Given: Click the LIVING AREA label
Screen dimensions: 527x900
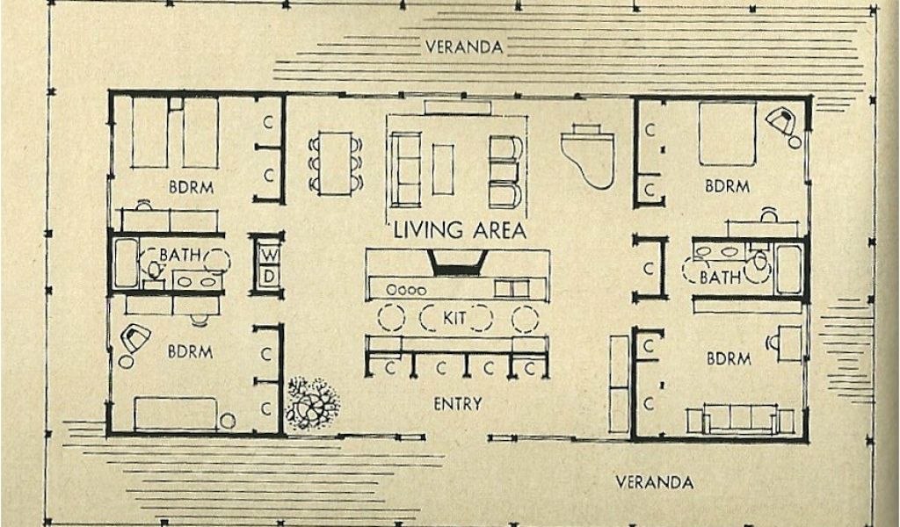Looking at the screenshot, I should pyautogui.click(x=459, y=231).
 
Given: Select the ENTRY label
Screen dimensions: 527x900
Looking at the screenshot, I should pyautogui.click(x=457, y=404).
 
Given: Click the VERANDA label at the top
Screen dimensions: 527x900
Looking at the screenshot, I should pyautogui.click(x=464, y=47).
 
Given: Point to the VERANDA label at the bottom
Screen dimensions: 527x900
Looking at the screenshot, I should pyautogui.click(x=654, y=481).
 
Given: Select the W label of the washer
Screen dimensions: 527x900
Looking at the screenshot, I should pyautogui.click(x=268, y=255).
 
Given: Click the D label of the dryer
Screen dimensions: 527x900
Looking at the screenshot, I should pyautogui.click(x=268, y=275).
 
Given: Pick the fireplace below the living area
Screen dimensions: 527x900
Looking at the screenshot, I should pyautogui.click(x=458, y=262).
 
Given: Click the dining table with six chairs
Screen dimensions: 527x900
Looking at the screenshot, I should pyautogui.click(x=336, y=162).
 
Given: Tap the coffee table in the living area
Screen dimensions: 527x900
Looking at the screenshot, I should pyautogui.click(x=443, y=169).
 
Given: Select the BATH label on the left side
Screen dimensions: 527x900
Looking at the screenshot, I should pyautogui.click(x=181, y=256).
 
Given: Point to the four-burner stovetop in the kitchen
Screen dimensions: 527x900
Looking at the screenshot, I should pyautogui.click(x=407, y=289).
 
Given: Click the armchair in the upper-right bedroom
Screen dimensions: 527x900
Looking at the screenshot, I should pyautogui.click(x=780, y=121).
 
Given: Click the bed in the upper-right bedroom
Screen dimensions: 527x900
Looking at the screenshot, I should pyautogui.click(x=727, y=134).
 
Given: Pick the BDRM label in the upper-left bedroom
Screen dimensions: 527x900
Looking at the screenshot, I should pyautogui.click(x=192, y=187).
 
